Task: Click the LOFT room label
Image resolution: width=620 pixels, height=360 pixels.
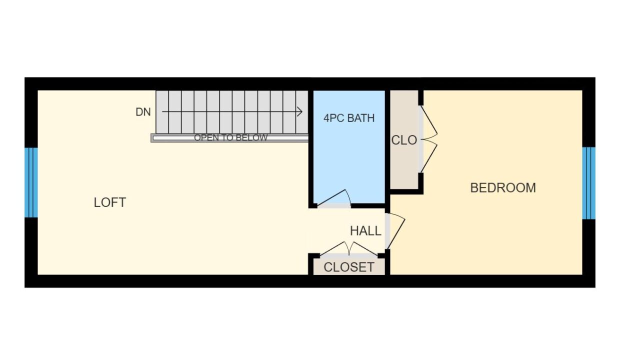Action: point(110,202)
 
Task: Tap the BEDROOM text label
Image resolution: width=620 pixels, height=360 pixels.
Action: point(503,188)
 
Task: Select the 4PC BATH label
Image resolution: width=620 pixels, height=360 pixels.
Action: point(349,118)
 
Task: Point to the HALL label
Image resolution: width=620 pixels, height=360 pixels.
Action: point(365,231)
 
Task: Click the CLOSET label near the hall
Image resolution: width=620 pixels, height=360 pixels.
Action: point(349,267)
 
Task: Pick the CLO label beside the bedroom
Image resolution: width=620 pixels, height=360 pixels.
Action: point(404,140)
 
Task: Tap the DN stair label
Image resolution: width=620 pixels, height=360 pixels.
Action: point(143,112)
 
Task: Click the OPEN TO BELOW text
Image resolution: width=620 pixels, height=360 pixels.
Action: point(231,137)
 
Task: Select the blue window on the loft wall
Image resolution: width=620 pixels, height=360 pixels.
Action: point(31,182)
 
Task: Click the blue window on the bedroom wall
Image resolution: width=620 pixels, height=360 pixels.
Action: point(588,183)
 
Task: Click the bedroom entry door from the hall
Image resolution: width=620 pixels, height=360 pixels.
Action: point(395,231)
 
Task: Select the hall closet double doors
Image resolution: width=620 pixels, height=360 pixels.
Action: point(349,248)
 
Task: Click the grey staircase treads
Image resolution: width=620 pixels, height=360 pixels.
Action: point(232,112)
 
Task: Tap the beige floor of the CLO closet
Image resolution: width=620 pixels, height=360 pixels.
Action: point(404,166)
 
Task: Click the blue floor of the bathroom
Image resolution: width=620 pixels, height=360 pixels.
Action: point(349,157)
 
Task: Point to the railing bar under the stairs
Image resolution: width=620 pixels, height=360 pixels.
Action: point(229,138)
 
